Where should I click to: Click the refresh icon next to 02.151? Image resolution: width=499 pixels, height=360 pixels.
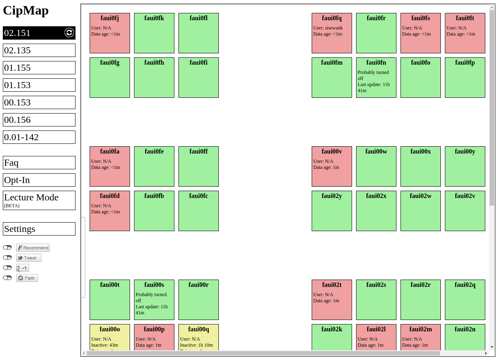(69, 33)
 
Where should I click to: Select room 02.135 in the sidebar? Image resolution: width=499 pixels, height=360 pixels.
(39, 50)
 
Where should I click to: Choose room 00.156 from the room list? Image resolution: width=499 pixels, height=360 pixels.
(39, 120)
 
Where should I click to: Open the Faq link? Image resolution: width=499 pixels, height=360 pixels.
(39, 162)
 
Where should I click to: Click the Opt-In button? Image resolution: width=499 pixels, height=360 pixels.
(39, 180)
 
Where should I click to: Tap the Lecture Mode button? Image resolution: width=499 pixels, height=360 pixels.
(39, 200)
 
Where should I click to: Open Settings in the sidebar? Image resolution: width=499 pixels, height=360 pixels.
(39, 229)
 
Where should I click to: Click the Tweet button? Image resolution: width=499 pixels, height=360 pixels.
(29, 258)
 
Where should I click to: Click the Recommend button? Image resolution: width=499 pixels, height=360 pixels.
(33, 248)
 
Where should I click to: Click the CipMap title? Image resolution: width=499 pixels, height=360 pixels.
(26, 11)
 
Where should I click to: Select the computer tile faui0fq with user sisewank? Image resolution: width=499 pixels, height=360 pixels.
(332, 33)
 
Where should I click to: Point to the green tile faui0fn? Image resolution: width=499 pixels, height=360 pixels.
(376, 78)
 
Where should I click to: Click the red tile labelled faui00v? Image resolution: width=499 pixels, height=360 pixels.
(332, 166)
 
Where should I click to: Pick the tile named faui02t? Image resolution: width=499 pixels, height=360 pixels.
(332, 300)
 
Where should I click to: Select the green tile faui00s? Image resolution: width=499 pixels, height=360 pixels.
(154, 300)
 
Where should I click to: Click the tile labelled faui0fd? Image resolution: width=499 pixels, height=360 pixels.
(110, 211)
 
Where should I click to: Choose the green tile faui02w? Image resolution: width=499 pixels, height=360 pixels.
(421, 211)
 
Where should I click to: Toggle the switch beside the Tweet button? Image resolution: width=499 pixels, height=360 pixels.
(7, 258)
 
